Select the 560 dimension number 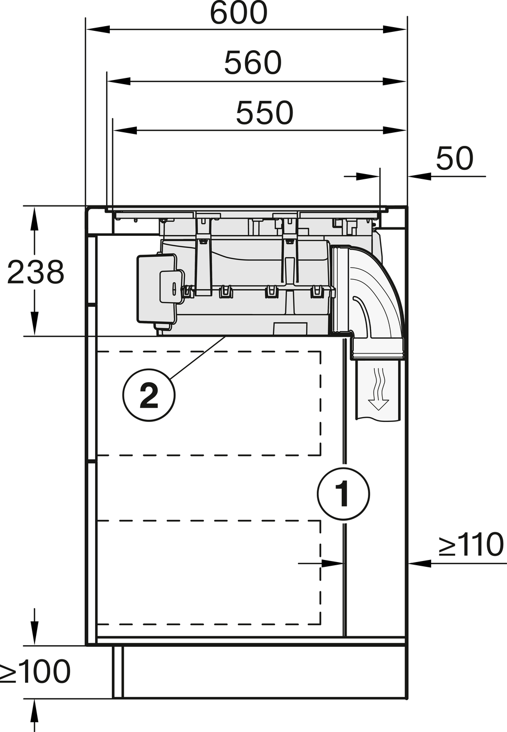click(252, 63)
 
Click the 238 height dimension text click(36, 272)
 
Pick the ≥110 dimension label click(471, 545)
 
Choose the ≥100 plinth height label click(36, 671)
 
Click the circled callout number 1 click(343, 493)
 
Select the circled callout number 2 click(149, 395)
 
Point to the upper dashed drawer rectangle click(209, 403)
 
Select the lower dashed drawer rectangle click(209, 572)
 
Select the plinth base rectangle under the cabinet click(260, 671)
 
